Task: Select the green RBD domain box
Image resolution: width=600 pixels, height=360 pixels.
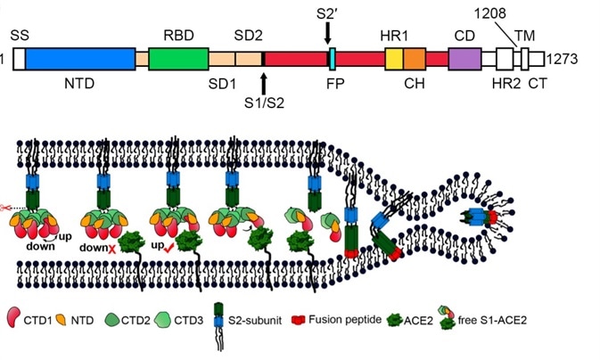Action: [x=178, y=60]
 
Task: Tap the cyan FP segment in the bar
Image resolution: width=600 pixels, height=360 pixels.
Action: [x=332, y=60]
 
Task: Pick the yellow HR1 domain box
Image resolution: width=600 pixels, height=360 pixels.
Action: [x=393, y=60]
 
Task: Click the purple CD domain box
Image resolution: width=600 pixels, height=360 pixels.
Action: [x=464, y=60]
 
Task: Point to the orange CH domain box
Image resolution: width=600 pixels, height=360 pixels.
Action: [x=415, y=60]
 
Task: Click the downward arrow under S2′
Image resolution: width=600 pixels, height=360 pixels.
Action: [x=327, y=33]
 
